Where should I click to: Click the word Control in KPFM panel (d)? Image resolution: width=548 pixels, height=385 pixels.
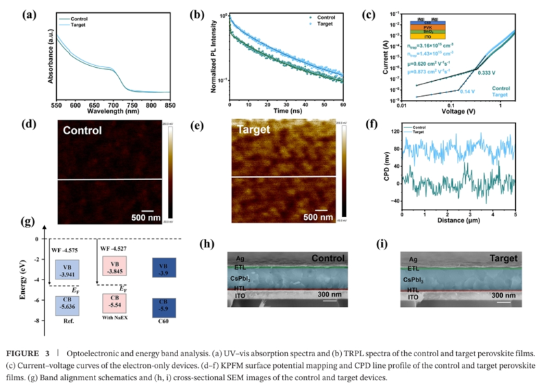click(88, 129)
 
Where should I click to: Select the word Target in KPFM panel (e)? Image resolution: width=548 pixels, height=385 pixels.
click(255, 129)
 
